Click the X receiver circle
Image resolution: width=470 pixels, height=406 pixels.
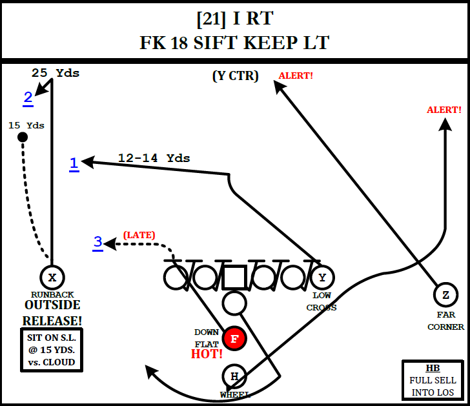point(52,278)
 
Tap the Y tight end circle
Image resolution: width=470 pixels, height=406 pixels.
point(322,278)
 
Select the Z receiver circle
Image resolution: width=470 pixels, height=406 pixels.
point(445,295)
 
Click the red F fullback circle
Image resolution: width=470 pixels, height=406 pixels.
point(234,338)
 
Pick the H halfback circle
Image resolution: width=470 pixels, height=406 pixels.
point(234,376)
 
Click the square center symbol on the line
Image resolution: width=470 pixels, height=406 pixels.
point(234,277)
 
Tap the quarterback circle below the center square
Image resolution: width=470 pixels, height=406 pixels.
point(234,302)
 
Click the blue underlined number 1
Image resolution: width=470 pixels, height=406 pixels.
point(74,163)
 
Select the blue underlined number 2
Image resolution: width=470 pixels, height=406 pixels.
point(28,97)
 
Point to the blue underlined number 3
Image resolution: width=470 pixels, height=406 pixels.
point(97,242)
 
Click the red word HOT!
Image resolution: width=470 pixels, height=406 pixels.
point(207,354)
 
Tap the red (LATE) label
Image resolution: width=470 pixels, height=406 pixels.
point(139,235)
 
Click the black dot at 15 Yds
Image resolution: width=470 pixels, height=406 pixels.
point(23,137)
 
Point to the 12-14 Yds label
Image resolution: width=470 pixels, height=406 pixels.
point(154,157)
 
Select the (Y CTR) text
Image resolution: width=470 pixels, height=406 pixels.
point(235,76)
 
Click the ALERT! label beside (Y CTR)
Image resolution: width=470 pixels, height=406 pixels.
point(296,76)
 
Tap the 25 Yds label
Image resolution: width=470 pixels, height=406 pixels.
point(56,73)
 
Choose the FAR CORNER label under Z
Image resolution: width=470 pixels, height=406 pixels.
point(445,321)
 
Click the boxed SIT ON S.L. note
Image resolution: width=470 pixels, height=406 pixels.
point(52,349)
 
